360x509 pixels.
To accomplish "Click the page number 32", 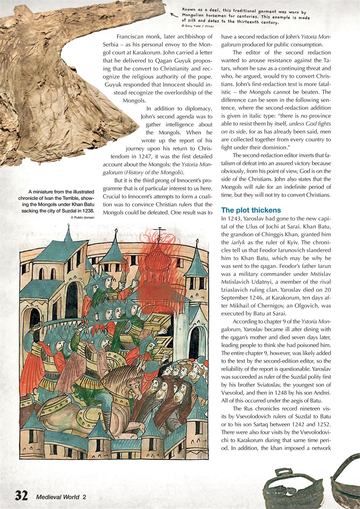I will tap(21, 495).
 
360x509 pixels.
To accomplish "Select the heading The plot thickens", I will tap(251, 210).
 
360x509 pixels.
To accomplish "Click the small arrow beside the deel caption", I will tap(173, 15).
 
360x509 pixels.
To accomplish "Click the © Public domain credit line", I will tap(82, 218).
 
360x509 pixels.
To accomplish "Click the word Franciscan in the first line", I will tap(132, 36).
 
